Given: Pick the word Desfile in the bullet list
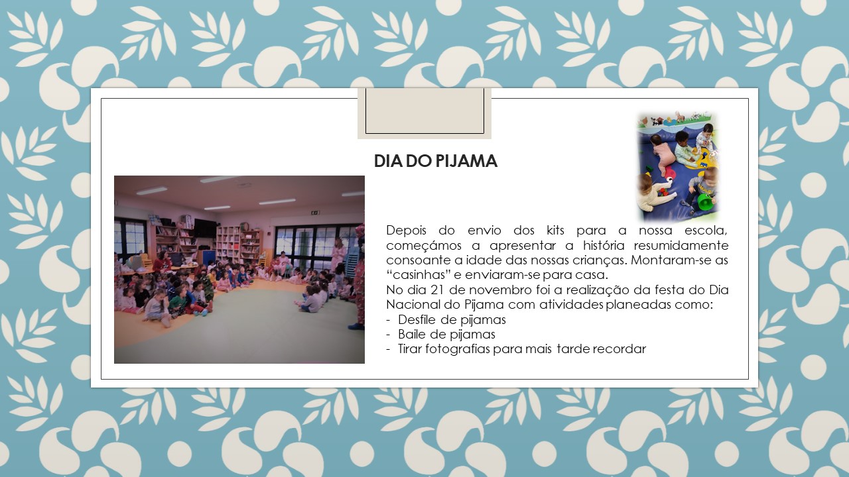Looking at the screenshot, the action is click(417, 320).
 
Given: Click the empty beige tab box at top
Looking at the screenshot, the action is click(424, 113).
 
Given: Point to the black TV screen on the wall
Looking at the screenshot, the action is click(205, 229).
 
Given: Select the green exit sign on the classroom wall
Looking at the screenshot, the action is click(315, 213).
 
